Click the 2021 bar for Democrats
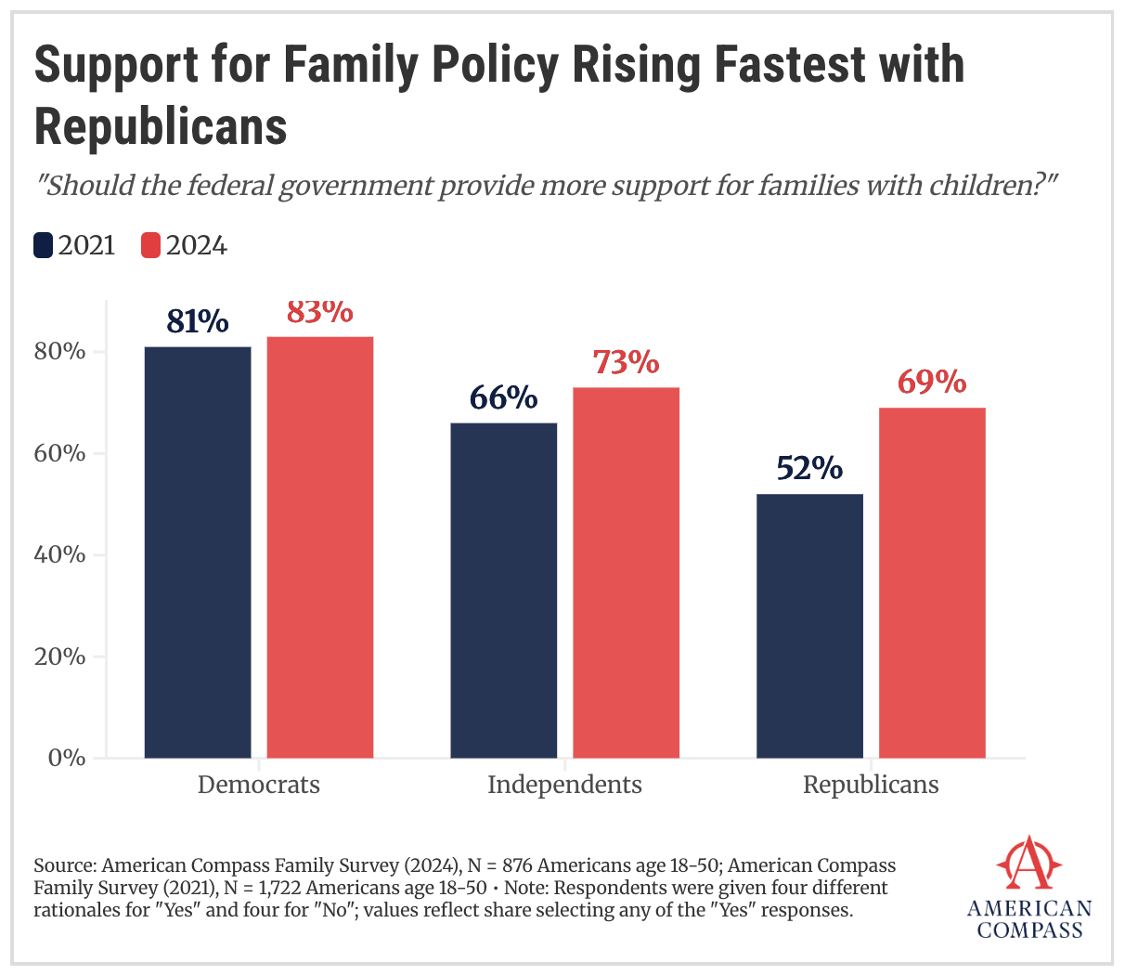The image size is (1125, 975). (x=198, y=552)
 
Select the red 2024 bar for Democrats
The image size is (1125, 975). (x=320, y=547)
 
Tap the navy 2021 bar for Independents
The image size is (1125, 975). (x=504, y=590)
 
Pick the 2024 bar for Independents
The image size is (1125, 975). (x=627, y=572)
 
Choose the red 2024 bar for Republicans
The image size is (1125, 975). (x=932, y=582)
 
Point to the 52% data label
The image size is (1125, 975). (x=809, y=468)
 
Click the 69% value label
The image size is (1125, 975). (x=932, y=382)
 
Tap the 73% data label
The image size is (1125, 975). (x=627, y=361)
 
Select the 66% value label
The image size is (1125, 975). (x=503, y=397)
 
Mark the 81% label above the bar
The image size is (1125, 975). (x=198, y=321)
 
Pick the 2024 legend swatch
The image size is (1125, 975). (x=150, y=245)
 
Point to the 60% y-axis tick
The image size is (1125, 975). (x=61, y=453)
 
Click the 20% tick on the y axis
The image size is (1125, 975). (x=61, y=656)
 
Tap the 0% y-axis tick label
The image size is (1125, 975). (x=67, y=758)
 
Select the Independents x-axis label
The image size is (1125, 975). (x=564, y=785)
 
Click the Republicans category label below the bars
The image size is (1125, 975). (x=871, y=785)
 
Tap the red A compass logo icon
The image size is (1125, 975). (x=1028, y=864)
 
